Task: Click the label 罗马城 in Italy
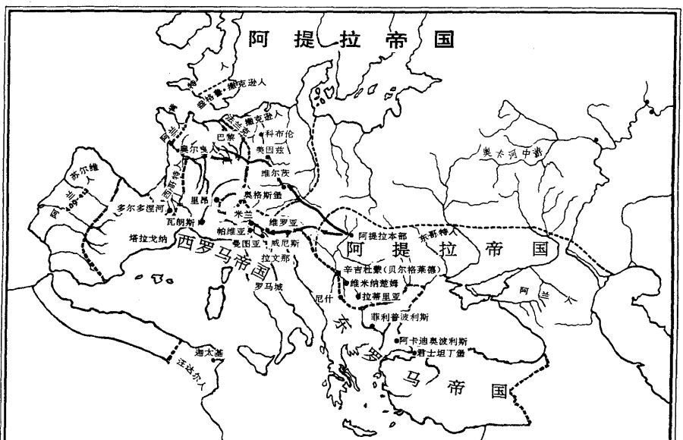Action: coord(269,288)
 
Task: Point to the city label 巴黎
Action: coord(226,137)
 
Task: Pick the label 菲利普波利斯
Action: coord(400,316)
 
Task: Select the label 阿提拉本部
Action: coord(382,235)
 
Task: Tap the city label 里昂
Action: coord(200,200)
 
